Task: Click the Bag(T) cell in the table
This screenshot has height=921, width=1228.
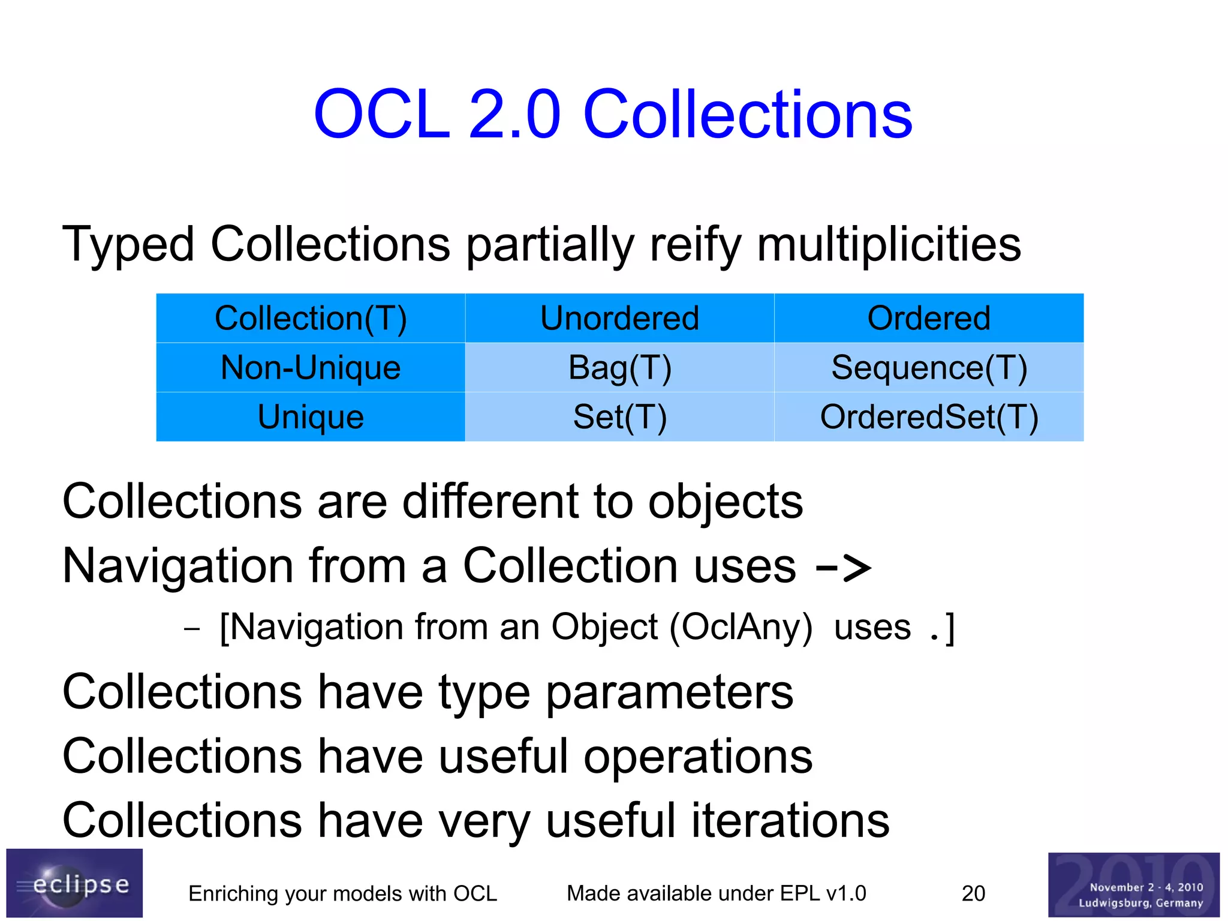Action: tap(619, 367)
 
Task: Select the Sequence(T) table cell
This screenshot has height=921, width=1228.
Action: tap(929, 367)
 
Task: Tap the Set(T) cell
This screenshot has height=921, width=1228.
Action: tap(619, 416)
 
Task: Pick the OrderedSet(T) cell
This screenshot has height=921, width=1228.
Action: tap(929, 416)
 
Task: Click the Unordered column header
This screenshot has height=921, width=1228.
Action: tap(619, 318)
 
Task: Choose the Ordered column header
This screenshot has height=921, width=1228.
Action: tap(929, 318)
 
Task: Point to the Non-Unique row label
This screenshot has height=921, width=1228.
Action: tap(311, 367)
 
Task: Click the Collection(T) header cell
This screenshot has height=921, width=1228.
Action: tap(311, 318)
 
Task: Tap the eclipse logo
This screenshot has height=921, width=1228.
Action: tap(74, 883)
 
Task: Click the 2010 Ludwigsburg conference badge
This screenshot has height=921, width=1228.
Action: tap(1133, 884)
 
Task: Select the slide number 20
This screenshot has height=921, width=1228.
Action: tap(973, 893)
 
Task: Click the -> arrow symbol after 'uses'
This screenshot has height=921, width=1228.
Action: tap(843, 567)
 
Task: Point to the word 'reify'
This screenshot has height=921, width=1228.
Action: tap(696, 245)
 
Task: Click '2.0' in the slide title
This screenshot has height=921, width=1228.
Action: tap(514, 114)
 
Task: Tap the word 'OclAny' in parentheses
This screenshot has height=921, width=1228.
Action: tap(741, 627)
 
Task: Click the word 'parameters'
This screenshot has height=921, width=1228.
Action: tap(669, 692)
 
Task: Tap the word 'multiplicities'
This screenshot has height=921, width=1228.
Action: tap(889, 245)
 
